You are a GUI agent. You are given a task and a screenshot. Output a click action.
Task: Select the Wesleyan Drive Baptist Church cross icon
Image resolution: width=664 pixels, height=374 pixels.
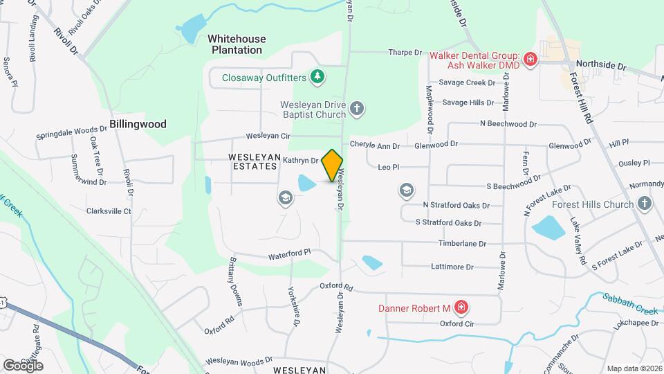tap(357, 108)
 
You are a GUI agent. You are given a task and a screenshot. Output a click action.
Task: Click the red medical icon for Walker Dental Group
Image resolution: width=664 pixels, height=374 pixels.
tap(531, 60)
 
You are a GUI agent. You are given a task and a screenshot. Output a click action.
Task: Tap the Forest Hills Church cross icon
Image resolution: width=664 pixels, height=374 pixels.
tap(645, 204)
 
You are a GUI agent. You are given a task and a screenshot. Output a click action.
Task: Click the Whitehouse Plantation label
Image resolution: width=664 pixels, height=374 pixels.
tap(237, 44)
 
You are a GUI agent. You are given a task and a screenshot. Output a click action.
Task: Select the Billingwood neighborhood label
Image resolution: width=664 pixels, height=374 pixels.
tap(138, 124)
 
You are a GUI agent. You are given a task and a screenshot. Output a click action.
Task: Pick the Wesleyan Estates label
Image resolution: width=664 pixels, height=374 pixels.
tap(253, 157)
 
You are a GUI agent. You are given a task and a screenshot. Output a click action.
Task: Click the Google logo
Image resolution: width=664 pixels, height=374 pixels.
tap(23, 365)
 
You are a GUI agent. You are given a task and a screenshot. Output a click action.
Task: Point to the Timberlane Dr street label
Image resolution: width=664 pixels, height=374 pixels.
tap(463, 244)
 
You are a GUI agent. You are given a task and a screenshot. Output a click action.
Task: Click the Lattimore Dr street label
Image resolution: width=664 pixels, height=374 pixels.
tap(452, 267)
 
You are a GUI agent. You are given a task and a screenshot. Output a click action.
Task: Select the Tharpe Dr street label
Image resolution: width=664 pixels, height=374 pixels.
tap(405, 52)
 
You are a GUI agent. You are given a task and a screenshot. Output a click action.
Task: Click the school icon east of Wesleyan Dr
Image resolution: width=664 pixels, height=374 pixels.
tap(407, 190)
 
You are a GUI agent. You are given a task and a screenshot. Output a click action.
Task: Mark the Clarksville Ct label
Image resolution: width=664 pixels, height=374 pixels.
tap(109, 211)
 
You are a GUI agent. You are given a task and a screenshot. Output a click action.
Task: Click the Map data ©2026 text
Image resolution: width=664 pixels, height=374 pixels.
tap(634, 368)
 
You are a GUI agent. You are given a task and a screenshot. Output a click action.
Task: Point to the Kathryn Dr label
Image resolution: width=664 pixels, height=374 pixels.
tap(300, 160)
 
